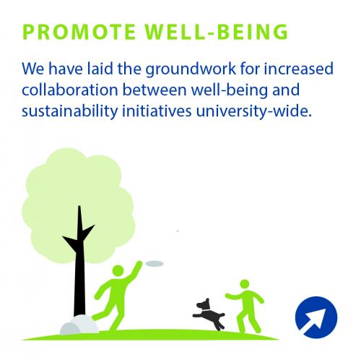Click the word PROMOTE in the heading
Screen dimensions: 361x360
[79, 32]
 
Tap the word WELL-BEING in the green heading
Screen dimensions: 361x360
[216, 32]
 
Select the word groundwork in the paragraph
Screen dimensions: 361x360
[191, 69]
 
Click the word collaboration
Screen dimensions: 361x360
[70, 90]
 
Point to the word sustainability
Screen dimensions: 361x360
[70, 111]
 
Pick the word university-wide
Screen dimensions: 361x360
[254, 111]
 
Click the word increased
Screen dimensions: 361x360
[299, 69]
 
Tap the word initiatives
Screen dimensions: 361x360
[157, 111]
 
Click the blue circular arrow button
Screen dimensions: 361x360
[316, 317]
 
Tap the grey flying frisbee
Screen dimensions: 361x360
[155, 264]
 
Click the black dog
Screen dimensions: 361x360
[209, 314]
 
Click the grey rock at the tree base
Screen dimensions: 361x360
[79, 325]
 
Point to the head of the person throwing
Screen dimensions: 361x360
[118, 270]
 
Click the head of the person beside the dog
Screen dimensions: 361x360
[245, 284]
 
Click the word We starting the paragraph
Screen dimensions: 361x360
[33, 69]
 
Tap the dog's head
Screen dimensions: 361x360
[204, 305]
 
